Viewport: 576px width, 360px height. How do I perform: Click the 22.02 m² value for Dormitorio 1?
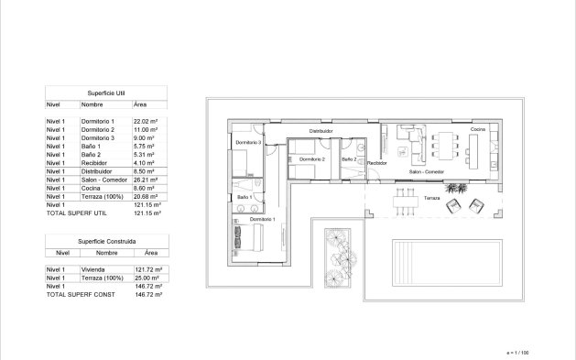coord(147,121)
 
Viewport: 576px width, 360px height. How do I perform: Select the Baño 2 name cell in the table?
coord(95,155)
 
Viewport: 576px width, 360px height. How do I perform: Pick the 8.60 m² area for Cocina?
coord(147,188)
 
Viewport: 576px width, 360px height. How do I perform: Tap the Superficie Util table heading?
coord(106,93)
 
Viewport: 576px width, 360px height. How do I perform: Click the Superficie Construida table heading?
coord(106,240)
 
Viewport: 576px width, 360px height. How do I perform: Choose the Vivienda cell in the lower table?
coord(94,269)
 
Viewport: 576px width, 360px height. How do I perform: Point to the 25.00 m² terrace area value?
coord(147,278)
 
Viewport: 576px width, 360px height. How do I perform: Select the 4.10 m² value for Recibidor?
coord(146,163)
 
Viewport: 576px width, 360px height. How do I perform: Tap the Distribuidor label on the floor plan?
coord(320,131)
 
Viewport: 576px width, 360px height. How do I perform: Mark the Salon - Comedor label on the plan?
coord(427,172)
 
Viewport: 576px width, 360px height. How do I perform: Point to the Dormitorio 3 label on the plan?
coord(248,143)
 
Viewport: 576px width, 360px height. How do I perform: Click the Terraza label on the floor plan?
coord(431,197)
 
